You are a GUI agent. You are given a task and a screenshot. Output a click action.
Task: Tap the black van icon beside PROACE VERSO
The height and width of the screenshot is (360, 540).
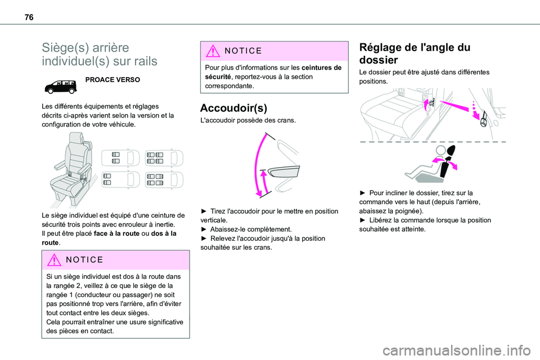click(x=61, y=85)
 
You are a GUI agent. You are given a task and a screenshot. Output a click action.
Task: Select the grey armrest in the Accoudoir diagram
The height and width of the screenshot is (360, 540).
click(x=280, y=172)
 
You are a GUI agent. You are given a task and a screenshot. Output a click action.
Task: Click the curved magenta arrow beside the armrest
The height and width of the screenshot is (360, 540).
click(x=261, y=166)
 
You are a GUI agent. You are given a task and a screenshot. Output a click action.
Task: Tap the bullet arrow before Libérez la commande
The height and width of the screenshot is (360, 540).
click(x=363, y=220)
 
